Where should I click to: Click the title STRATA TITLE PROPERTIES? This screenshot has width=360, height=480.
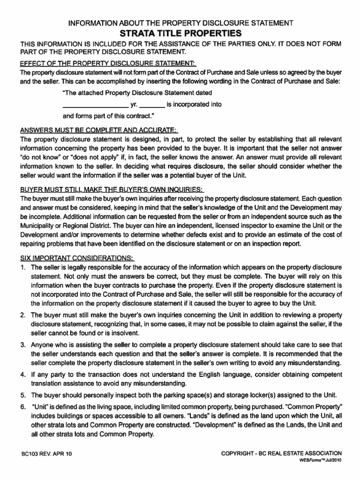click(180, 33)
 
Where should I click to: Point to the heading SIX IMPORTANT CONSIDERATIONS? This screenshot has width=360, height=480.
click(77, 258)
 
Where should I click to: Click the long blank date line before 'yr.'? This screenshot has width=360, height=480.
click(95, 105)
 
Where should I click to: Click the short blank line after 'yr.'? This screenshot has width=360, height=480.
click(152, 105)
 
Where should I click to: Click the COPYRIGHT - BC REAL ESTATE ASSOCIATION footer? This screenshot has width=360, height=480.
click(281, 453)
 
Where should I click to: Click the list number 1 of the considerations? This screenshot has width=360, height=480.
click(22, 267)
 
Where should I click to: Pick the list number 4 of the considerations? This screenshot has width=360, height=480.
click(22, 375)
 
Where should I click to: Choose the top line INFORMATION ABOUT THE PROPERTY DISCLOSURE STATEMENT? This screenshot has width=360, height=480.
click(181, 23)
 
